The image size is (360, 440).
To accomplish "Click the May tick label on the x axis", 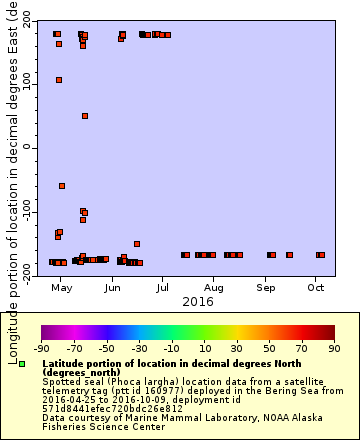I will tap(62, 288).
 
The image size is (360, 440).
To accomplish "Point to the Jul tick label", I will tap(162, 288).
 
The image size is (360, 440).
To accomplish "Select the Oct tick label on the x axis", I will tap(315, 288).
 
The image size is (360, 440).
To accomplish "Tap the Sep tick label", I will tap(265, 288).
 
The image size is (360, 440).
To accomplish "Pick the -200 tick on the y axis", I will tap(24, 276).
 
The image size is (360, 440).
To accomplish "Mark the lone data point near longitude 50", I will tap(85, 116).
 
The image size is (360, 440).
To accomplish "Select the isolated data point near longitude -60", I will tap(62, 186).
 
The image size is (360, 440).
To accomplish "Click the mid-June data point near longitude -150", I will tap(137, 244).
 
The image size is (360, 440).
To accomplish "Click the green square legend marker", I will tap(22, 365).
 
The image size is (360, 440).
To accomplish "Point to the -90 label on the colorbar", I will tap(42, 350).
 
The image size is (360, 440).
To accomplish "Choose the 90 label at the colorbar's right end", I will tap(334, 350).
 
